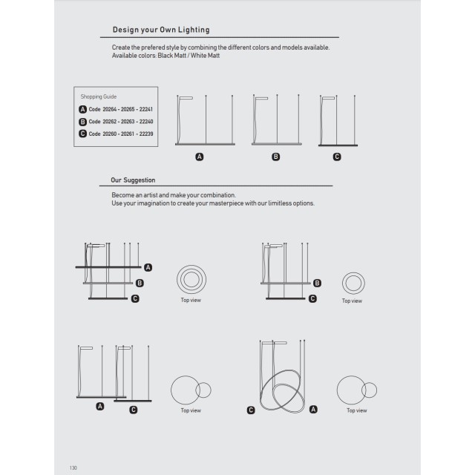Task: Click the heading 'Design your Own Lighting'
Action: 160,30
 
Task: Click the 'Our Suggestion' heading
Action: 133,180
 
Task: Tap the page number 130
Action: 73,468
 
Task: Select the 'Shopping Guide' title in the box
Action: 98,96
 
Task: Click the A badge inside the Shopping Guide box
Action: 82,109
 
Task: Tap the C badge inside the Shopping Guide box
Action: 82,134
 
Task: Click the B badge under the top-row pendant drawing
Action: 276,157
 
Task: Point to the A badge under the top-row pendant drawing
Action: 199,157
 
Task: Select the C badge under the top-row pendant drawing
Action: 337,157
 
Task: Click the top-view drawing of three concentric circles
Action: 191,280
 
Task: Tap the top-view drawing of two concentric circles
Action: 352,283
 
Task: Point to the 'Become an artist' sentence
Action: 173,194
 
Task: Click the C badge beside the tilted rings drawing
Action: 251,410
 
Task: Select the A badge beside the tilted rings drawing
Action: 313,409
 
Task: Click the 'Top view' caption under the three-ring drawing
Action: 191,301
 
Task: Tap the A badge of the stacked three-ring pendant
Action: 148,266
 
